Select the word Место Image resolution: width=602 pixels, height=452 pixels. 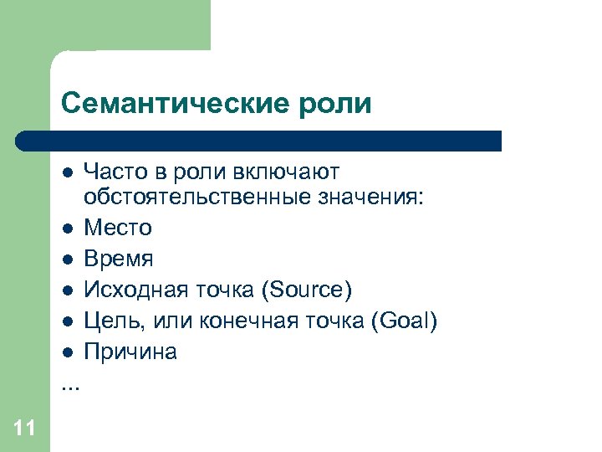pos(117,228)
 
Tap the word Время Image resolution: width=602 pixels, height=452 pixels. pos(118,259)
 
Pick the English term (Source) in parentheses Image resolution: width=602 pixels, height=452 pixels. pos(307,290)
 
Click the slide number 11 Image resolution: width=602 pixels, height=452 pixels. pos(24,429)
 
